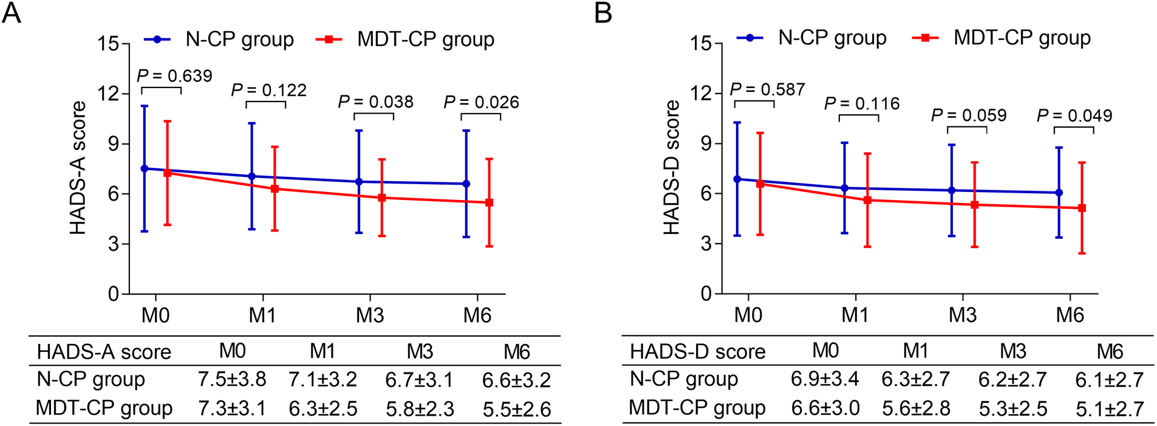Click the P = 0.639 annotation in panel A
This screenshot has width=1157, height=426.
point(174,76)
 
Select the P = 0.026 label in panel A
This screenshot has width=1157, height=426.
point(481,102)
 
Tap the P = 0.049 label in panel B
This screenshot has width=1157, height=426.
point(1074,115)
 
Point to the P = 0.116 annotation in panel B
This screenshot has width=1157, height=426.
point(862,104)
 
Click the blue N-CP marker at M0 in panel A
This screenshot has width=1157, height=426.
point(145,168)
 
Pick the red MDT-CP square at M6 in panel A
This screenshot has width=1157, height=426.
point(490,202)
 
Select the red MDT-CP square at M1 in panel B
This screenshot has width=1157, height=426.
point(867,200)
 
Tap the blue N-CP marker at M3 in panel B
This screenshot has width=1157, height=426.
point(952,190)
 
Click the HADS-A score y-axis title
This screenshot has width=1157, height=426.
point(78,168)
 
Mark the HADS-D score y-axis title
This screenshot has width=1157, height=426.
point(671,168)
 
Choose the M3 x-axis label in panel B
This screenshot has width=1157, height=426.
point(963,315)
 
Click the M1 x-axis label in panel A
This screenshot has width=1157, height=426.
point(262,315)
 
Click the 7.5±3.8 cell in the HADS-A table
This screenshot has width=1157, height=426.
point(232,379)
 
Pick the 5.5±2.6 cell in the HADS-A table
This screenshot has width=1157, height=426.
point(517,409)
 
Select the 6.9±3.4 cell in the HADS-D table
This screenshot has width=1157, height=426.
point(825,379)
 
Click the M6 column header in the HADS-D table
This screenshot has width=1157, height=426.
point(1110,351)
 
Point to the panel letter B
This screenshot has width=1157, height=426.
point(602,13)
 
